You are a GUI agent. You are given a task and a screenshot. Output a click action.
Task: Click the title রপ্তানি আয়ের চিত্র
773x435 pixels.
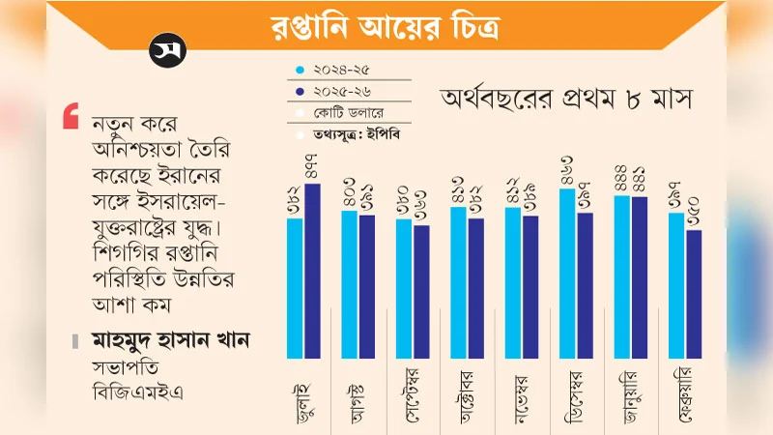tap(386, 24)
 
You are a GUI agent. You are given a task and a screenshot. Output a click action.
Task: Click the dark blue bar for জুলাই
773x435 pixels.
tap(312, 271)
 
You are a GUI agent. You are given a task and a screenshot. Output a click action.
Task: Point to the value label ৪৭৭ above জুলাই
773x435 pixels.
tap(312, 167)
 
